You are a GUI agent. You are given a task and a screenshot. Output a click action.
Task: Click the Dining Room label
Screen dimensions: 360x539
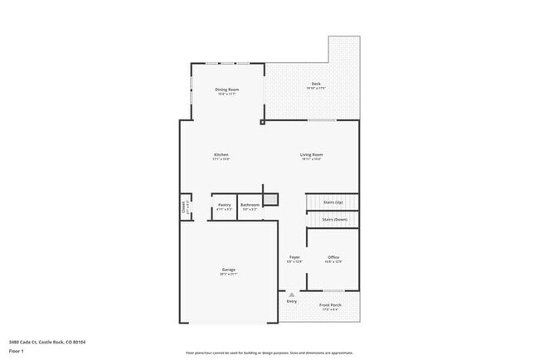click(226, 89)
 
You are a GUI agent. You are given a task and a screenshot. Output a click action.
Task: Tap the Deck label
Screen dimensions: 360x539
click(316, 84)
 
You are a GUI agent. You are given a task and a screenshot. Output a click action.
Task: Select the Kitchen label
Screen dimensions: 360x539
click(221, 155)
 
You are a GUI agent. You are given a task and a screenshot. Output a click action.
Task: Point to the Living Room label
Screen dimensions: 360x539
click(312, 155)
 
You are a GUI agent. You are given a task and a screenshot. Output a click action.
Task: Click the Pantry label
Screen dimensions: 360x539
click(225, 205)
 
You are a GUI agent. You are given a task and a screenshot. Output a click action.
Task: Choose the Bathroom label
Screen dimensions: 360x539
click(250, 205)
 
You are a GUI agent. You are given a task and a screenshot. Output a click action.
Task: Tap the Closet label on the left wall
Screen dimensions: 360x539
click(184, 207)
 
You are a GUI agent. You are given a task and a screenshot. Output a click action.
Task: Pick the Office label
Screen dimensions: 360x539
click(333, 258)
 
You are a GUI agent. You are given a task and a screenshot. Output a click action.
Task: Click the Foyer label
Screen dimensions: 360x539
click(294, 258)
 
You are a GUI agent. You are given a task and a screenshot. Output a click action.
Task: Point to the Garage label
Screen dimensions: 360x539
click(228, 270)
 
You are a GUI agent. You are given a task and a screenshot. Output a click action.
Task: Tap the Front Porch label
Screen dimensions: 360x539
click(331, 305)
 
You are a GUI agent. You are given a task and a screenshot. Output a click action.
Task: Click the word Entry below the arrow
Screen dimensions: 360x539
click(291, 301)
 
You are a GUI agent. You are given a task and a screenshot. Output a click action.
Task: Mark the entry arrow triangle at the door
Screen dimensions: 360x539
click(291, 294)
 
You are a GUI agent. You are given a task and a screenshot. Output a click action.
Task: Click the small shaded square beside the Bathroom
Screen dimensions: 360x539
click(270, 200)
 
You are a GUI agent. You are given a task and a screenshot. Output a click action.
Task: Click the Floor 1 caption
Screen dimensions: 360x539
click(17, 351)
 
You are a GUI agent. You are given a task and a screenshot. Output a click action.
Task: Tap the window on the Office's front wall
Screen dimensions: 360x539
click(333, 290)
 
